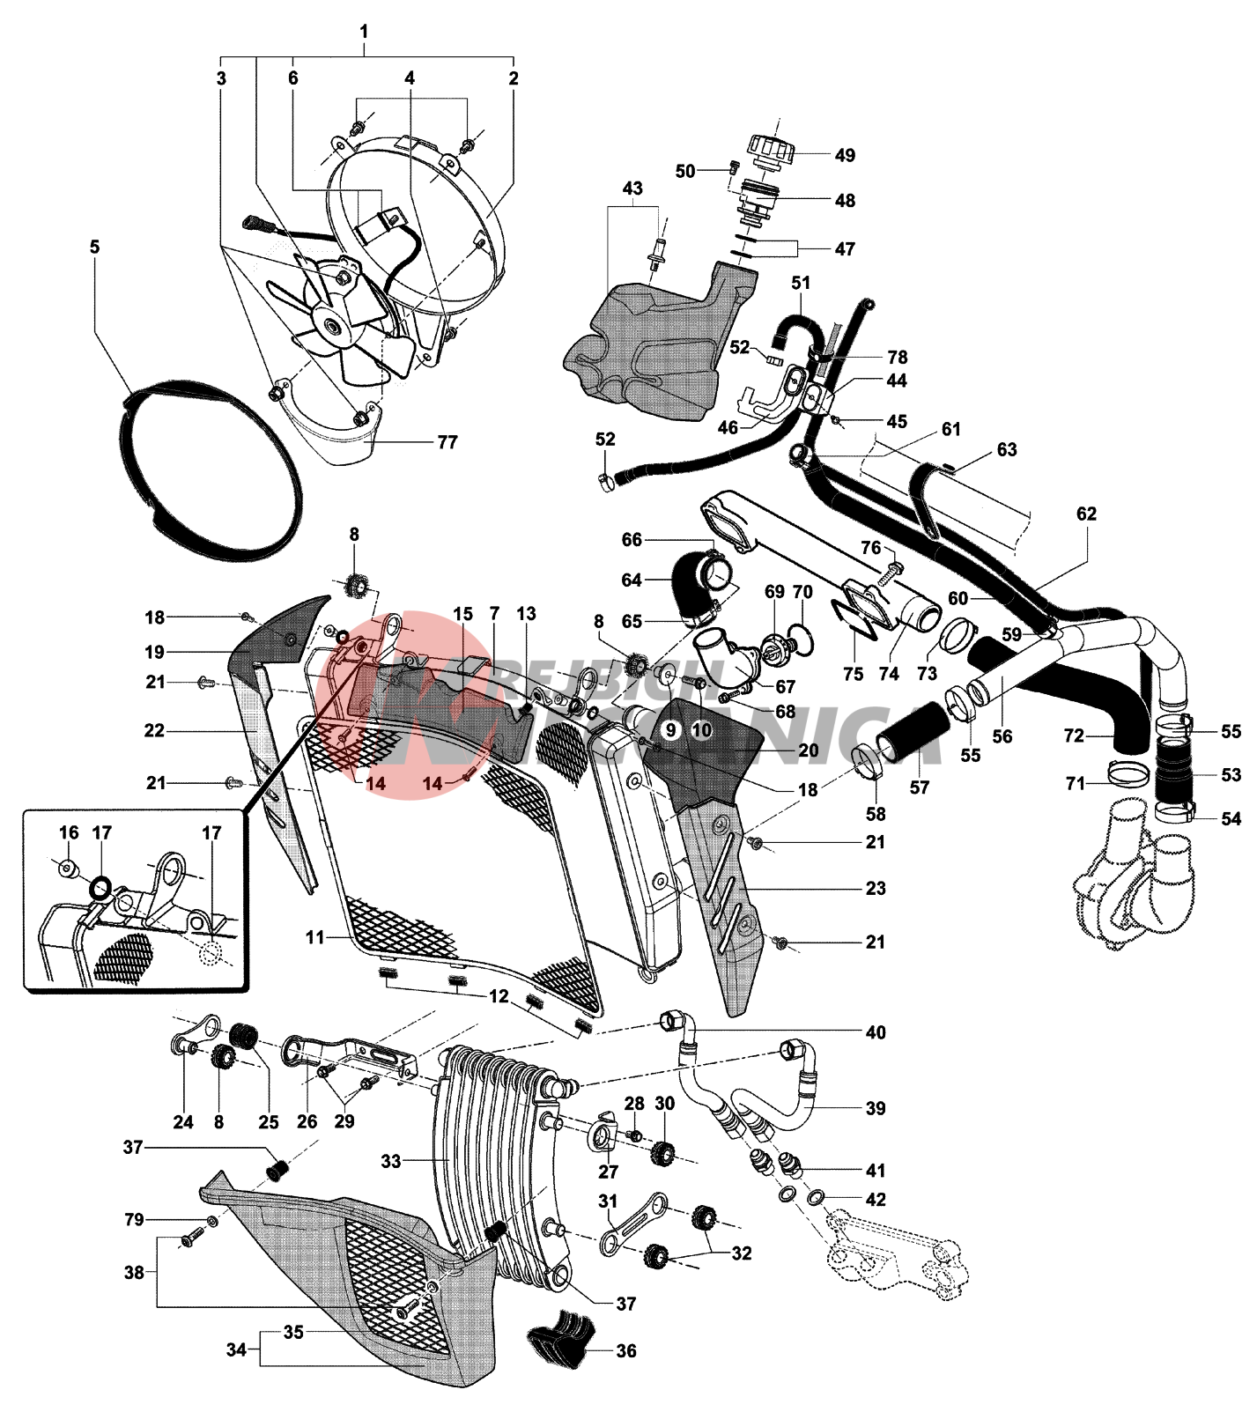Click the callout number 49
(x=844, y=155)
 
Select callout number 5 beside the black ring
(x=95, y=247)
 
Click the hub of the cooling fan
(x=334, y=327)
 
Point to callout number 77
(x=447, y=441)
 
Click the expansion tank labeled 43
(x=652, y=344)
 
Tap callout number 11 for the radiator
(x=315, y=938)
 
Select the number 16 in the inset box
(x=69, y=832)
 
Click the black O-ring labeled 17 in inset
(x=101, y=887)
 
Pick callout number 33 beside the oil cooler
(x=391, y=1161)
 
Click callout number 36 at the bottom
(x=625, y=1350)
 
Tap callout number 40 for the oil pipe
(x=875, y=1031)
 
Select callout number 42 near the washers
(x=875, y=1199)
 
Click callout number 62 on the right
(x=1086, y=514)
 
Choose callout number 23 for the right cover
(x=875, y=888)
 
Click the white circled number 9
(x=671, y=729)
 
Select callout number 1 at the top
(x=364, y=32)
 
